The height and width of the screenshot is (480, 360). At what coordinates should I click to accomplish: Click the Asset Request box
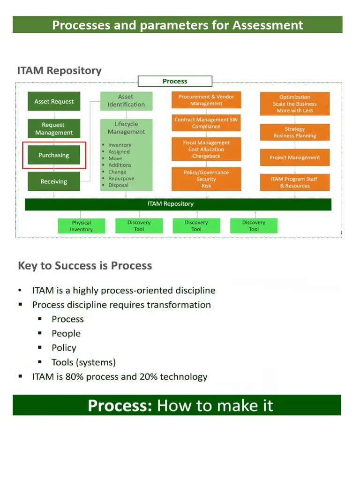tap(54, 101)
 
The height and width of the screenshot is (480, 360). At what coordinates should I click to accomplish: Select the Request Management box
tap(54, 128)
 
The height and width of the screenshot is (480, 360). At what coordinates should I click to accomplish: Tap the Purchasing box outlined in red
tap(54, 155)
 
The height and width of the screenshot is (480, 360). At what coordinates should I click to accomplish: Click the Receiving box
tap(54, 181)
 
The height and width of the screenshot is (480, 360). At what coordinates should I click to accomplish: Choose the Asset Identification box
tap(126, 101)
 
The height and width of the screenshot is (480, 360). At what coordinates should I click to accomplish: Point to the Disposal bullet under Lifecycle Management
tap(118, 185)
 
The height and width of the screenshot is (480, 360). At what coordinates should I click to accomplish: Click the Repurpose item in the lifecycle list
tap(121, 179)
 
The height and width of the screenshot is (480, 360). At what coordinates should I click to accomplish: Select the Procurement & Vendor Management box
tap(206, 100)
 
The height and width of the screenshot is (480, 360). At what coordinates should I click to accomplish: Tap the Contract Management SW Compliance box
tap(206, 123)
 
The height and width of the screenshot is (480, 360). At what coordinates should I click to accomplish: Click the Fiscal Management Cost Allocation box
tap(206, 149)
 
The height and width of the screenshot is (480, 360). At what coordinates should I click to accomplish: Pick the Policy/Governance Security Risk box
tap(206, 179)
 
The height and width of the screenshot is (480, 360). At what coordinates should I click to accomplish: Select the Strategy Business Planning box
tap(295, 132)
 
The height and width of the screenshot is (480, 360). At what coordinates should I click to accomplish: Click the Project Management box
tap(295, 157)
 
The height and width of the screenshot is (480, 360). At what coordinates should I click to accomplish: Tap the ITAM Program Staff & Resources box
tap(295, 182)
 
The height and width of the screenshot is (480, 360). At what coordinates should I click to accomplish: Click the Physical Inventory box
tap(82, 226)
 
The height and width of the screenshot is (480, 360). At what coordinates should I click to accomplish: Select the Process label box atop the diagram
tap(175, 81)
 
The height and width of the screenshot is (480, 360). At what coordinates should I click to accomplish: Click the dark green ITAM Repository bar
tap(178, 204)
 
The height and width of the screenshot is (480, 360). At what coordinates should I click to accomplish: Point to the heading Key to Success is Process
tap(85, 266)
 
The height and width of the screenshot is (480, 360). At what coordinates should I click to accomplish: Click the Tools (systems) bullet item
tap(83, 362)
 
